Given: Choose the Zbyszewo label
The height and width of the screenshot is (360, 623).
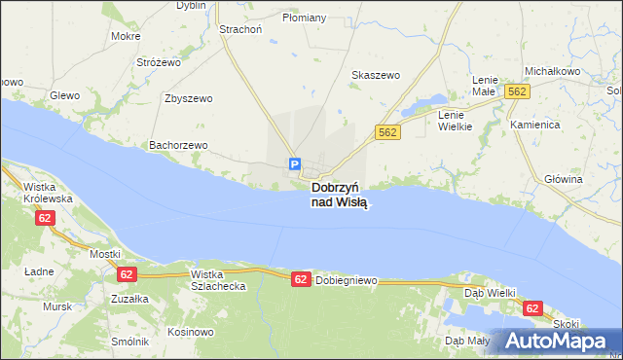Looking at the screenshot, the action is tap(189, 98).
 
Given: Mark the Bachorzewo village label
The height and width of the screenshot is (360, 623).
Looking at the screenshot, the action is tap(178, 145).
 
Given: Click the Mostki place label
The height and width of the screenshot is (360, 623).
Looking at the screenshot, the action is tap(104, 254).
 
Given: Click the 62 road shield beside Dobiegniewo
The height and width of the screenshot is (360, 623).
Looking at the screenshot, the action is tap(302, 279).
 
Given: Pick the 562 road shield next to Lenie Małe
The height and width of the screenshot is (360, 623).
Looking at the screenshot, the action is tap(517, 90).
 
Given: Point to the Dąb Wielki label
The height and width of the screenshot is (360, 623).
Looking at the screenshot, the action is tap(489, 291).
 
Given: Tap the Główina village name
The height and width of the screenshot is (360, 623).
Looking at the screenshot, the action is tap(563, 179).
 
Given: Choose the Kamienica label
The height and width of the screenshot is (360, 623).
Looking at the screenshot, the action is tap(534, 126).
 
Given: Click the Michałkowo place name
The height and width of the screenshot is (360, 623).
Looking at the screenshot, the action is tap(552, 72).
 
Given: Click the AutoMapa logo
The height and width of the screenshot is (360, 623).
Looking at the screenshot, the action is tap(556, 342).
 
